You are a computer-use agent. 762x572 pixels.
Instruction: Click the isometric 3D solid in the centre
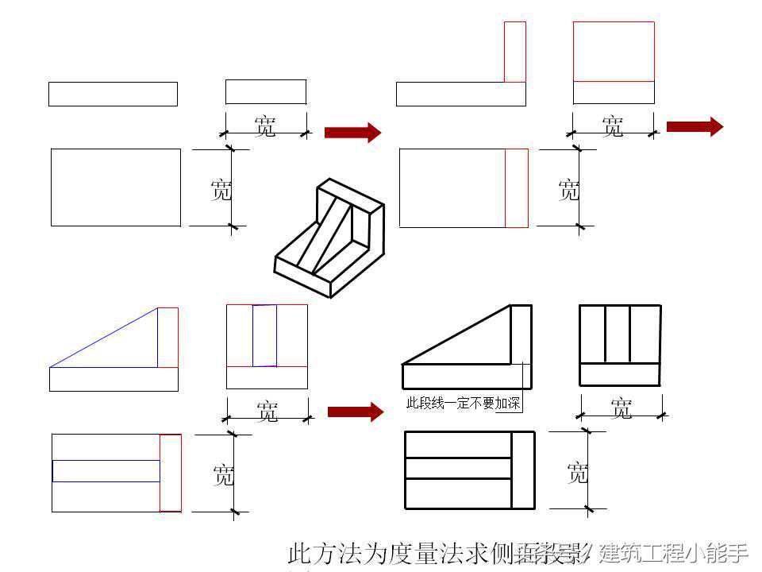tap(329, 238)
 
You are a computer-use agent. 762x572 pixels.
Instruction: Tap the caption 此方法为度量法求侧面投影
tap(433, 552)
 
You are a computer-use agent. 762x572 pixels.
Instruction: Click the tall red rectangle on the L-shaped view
tap(514, 52)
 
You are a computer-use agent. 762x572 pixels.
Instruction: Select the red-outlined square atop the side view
tap(614, 52)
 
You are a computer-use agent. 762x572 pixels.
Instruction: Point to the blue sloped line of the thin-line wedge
tap(103, 338)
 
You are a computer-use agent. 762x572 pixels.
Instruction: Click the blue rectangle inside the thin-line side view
tap(264, 335)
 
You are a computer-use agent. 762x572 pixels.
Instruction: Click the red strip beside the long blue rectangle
tap(170, 473)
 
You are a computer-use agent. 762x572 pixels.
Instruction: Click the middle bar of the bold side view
tap(618, 334)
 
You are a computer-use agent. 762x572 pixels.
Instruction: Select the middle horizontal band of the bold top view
tap(458, 468)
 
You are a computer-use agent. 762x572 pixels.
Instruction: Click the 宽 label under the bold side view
tap(622, 408)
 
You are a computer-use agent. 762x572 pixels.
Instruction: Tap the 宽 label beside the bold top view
tap(578, 473)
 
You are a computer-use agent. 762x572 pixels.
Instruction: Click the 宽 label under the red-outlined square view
tap(613, 126)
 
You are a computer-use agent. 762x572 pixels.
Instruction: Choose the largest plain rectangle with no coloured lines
tap(116, 187)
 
